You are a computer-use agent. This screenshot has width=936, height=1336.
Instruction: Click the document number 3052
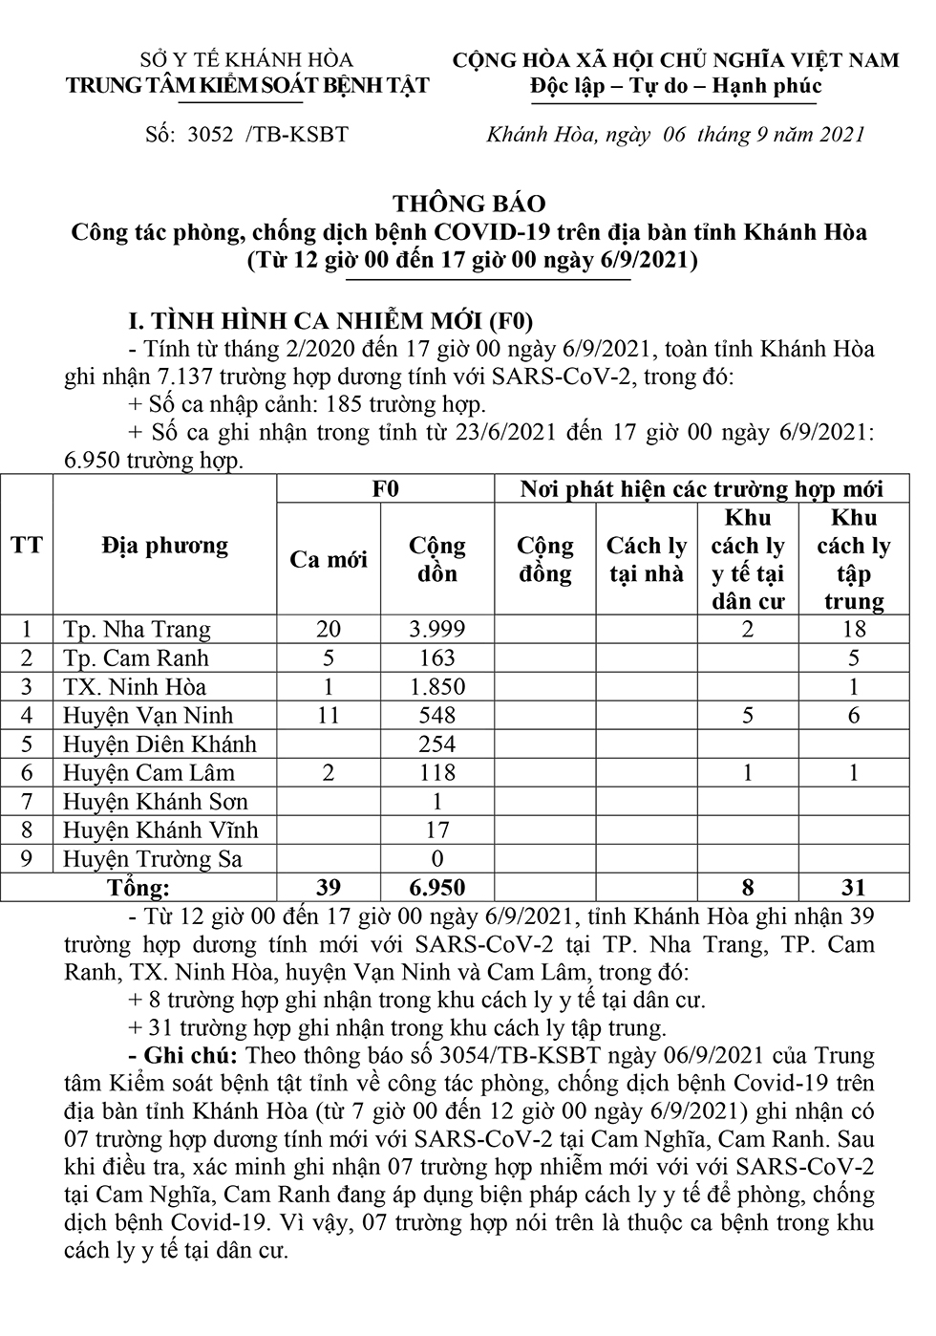click(211, 135)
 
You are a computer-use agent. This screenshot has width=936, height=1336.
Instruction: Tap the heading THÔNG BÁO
click(469, 204)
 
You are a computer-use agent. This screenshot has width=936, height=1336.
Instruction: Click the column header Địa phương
click(164, 546)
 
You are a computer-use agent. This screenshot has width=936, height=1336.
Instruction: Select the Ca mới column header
click(328, 559)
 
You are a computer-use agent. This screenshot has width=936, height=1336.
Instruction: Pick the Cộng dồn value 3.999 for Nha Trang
click(436, 629)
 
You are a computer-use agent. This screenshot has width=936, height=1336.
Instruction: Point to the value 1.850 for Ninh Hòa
click(436, 686)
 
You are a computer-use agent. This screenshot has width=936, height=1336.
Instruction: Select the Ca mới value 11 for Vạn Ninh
click(328, 715)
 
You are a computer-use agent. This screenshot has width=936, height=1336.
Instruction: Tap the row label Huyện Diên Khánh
click(160, 743)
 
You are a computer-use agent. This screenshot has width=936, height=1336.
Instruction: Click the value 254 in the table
click(436, 743)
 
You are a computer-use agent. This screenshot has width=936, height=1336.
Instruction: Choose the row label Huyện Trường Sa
click(153, 858)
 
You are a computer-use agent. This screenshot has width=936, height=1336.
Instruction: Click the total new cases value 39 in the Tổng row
click(328, 887)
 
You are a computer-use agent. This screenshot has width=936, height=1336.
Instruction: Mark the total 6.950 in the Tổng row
click(436, 887)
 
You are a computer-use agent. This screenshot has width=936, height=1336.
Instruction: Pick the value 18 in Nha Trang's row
click(853, 629)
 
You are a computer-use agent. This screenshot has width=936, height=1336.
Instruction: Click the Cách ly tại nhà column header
click(646, 559)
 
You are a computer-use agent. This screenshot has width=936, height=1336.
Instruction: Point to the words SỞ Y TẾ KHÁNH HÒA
click(246, 60)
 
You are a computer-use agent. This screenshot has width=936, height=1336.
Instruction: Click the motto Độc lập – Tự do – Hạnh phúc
click(676, 87)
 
